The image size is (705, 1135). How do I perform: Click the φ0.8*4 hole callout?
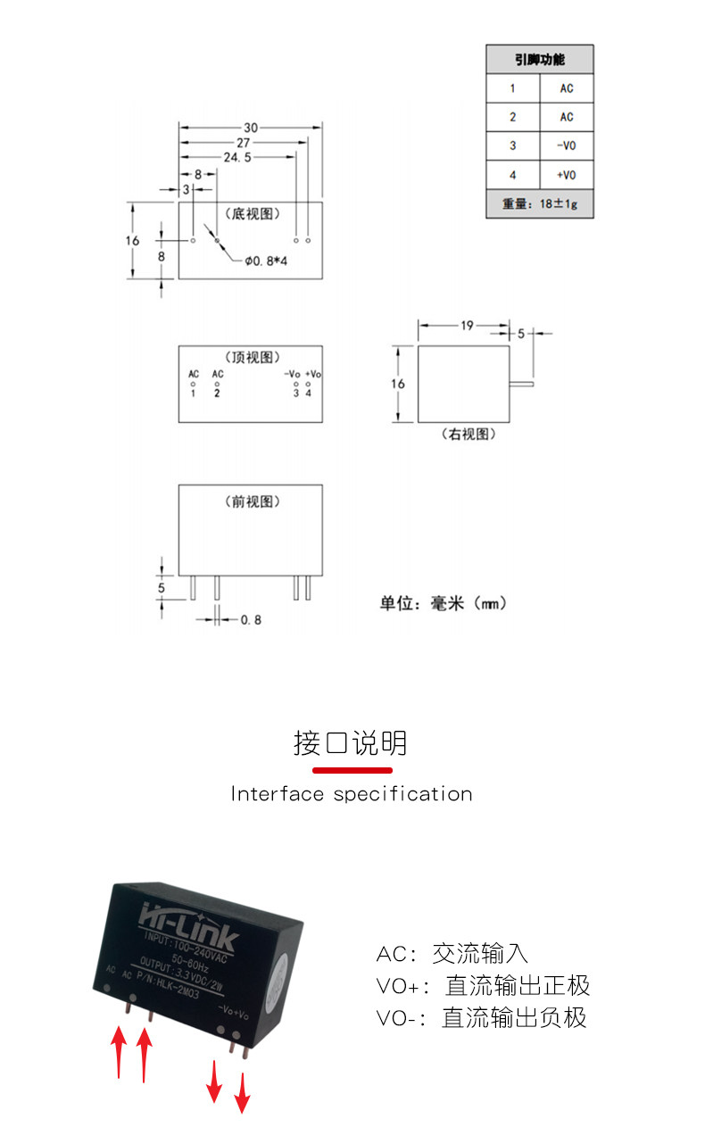pos(266,261)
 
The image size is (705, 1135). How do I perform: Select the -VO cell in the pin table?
pos(566,145)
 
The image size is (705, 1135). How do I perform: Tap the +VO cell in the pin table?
pos(566,174)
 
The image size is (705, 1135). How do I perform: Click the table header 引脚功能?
pos(539,60)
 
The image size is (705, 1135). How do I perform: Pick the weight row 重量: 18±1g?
pos(539,203)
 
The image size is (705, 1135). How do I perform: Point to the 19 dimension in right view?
pos(467,326)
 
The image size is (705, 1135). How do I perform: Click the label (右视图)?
pos(469,435)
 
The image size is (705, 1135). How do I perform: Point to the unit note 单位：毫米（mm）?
pos(444,604)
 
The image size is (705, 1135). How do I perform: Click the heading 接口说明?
pos(351,742)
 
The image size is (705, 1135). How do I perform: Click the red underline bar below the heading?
pos(352,769)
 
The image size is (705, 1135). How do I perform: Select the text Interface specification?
pos(352,794)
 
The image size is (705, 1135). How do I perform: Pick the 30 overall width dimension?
pos(251,128)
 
